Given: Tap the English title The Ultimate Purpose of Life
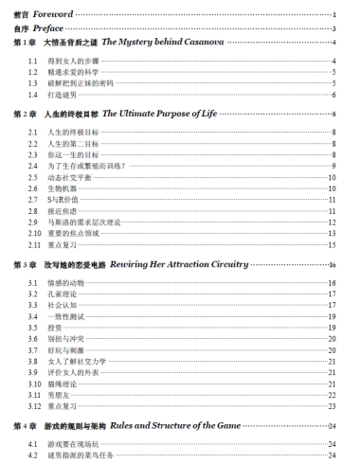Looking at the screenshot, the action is click(158, 114).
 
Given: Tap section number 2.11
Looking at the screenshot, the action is click(34, 243).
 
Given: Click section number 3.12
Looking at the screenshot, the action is click(34, 405).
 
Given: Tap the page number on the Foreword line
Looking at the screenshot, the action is click(335, 16).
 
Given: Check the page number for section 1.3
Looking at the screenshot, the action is click(335, 83).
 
